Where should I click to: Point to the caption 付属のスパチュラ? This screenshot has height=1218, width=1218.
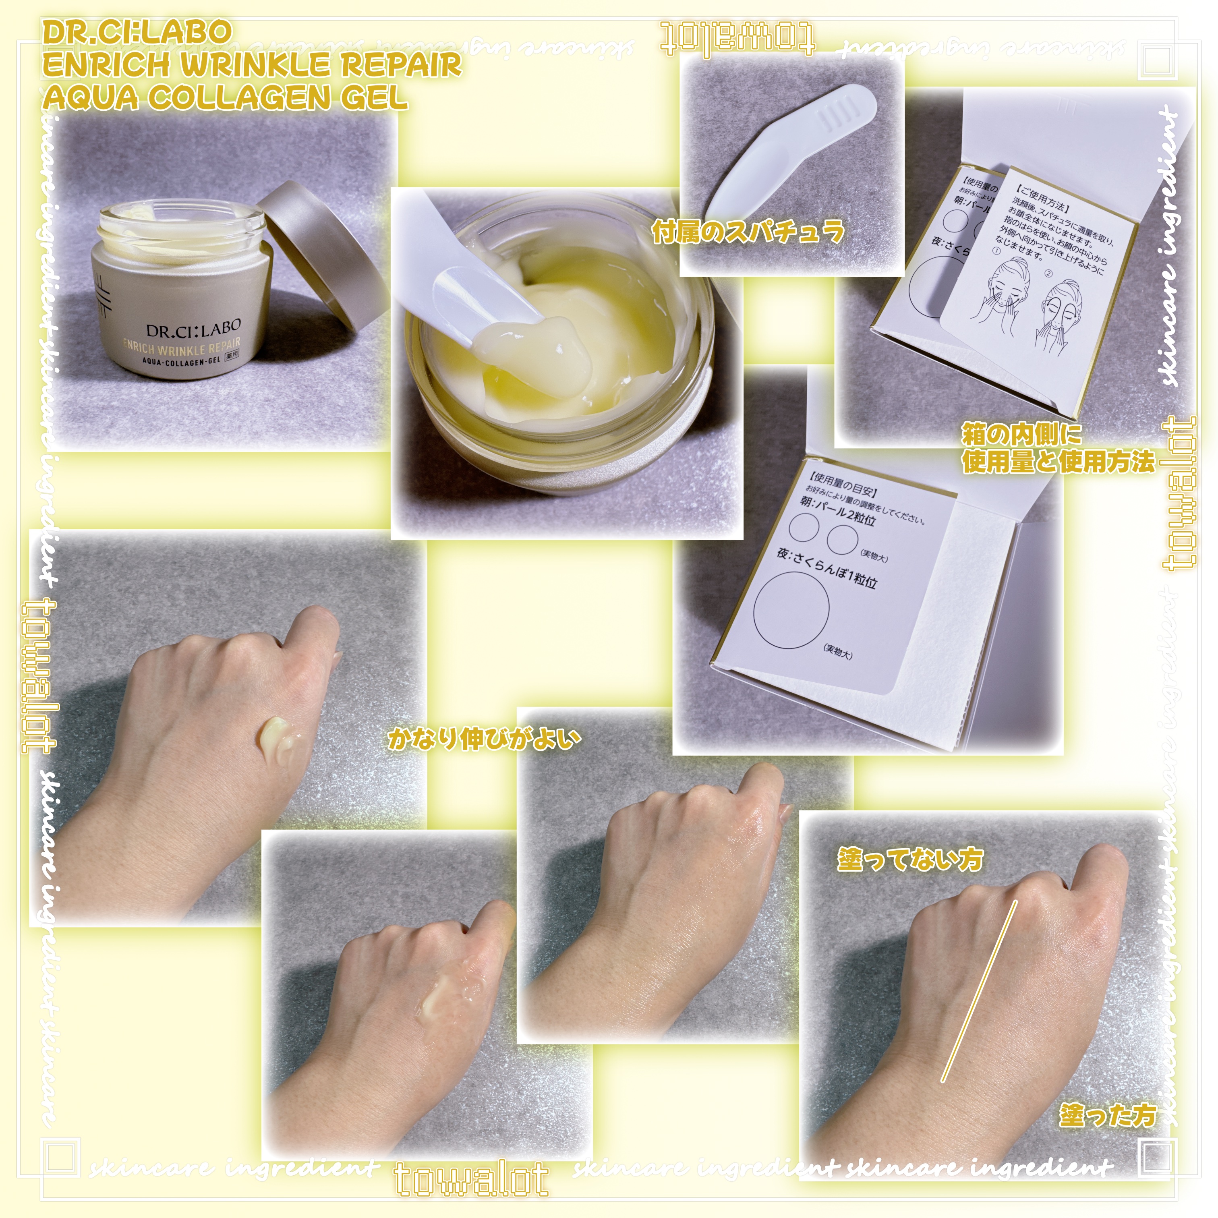(748, 232)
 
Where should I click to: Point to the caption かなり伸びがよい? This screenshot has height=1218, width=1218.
(484, 739)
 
